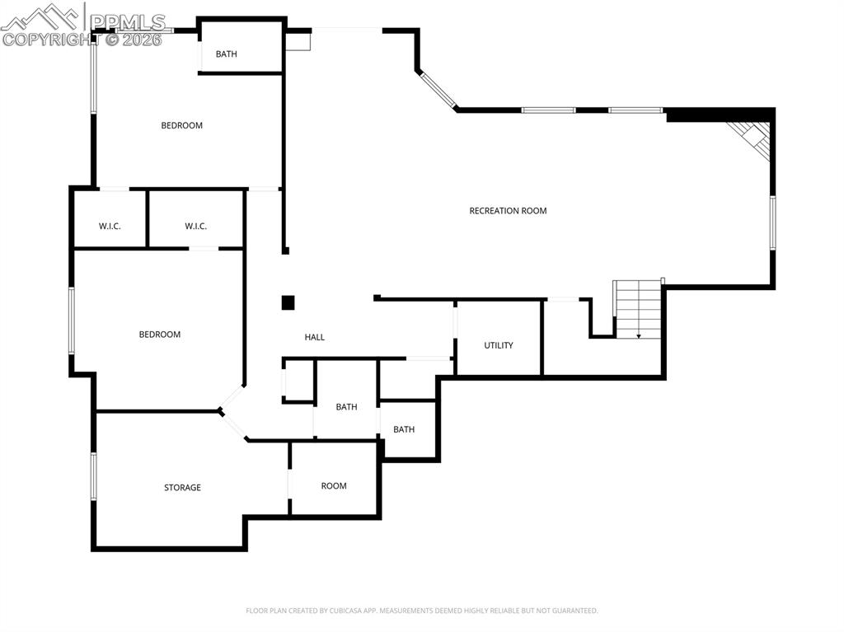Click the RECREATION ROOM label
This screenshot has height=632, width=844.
508,211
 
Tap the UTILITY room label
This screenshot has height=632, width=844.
499,345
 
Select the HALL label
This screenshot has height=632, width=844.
315,337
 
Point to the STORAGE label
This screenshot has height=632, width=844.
182,488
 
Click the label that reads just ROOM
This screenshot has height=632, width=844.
334,486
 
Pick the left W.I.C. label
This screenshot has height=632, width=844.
110,226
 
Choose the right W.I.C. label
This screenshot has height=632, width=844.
195,226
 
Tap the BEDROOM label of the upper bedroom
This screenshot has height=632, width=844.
181,125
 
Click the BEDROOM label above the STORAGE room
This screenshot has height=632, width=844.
159,335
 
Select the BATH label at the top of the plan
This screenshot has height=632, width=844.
226,54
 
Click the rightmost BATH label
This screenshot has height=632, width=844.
404,429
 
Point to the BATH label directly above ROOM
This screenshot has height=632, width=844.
346,407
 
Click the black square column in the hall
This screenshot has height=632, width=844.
288,302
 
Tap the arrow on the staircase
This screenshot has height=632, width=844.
639,335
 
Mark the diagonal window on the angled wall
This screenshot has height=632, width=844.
438,91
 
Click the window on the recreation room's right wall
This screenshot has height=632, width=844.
772,222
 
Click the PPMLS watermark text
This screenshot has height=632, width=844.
128,22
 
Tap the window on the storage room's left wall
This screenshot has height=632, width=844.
94,476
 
